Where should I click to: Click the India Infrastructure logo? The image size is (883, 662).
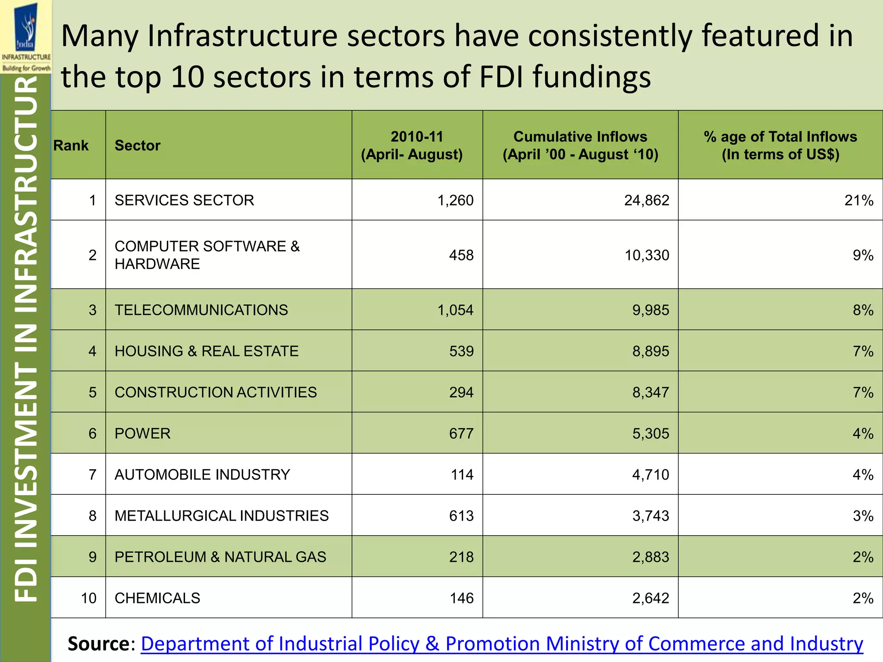[x=26, y=37]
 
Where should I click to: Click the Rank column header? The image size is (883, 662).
[x=71, y=145]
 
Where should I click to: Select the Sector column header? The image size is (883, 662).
[x=137, y=145]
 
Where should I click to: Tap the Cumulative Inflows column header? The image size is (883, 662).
[x=580, y=145]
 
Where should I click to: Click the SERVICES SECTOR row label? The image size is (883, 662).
[x=184, y=200]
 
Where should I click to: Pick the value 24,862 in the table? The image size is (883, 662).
[x=646, y=200]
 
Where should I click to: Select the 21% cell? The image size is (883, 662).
[x=858, y=200]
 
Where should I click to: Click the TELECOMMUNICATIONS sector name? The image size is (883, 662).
[x=201, y=310]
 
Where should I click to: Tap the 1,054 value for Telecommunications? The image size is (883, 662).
[x=455, y=310]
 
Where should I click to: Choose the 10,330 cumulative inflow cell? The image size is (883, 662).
[x=647, y=255]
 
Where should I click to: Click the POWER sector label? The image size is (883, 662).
[x=142, y=433]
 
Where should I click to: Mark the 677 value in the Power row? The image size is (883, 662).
[x=461, y=433]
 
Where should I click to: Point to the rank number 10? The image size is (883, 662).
[x=88, y=598]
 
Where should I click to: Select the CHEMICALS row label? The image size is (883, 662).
[x=157, y=598]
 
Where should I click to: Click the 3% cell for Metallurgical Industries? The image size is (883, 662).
[x=863, y=515]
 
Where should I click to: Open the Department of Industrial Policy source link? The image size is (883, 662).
[x=501, y=643]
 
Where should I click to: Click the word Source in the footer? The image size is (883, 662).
[x=99, y=643]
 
